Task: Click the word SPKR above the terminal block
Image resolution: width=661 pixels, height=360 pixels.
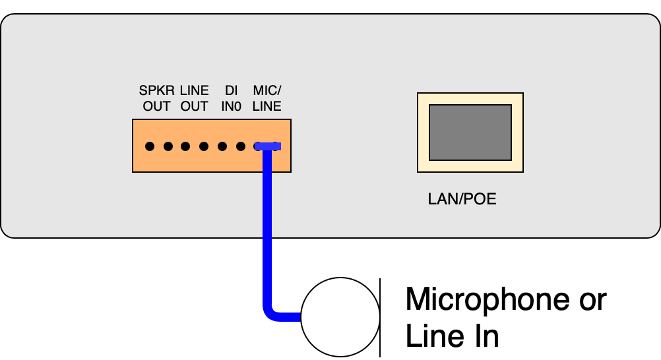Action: point(157,90)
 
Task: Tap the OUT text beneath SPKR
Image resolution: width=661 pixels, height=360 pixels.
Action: point(157,106)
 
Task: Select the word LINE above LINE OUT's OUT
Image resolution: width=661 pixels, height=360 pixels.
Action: point(194,90)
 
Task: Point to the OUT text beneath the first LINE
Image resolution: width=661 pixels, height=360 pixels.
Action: point(194,106)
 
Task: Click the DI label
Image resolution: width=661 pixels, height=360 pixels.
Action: point(231,90)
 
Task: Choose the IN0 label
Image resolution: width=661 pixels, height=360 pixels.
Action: point(231,106)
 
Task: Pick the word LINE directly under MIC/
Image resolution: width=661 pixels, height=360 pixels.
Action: point(267,106)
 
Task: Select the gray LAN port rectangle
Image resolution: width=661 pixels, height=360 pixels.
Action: point(470,132)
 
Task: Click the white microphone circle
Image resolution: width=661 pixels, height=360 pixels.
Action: point(340,317)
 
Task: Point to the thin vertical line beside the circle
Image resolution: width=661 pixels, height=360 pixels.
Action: point(381,317)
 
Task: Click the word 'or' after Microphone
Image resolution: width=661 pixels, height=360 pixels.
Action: point(590,299)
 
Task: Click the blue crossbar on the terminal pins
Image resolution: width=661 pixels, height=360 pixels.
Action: point(268,146)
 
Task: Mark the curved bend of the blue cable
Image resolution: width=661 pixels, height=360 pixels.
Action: point(271,313)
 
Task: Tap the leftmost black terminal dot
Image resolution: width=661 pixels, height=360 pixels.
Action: point(150,146)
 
